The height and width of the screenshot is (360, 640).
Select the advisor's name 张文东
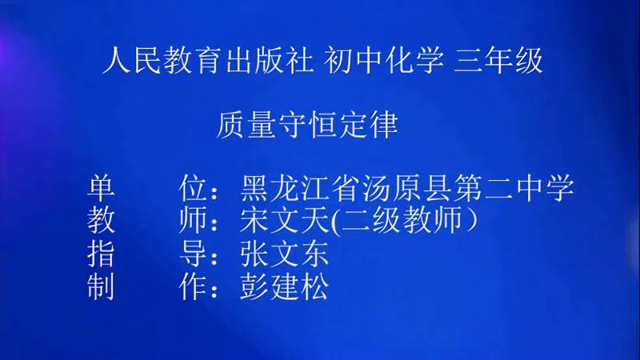point(284,254)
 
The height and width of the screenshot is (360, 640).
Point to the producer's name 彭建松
point(284,286)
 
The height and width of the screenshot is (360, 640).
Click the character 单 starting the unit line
point(102,189)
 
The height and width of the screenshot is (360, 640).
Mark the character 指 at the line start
point(102,254)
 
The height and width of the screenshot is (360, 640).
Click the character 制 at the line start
point(102,286)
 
